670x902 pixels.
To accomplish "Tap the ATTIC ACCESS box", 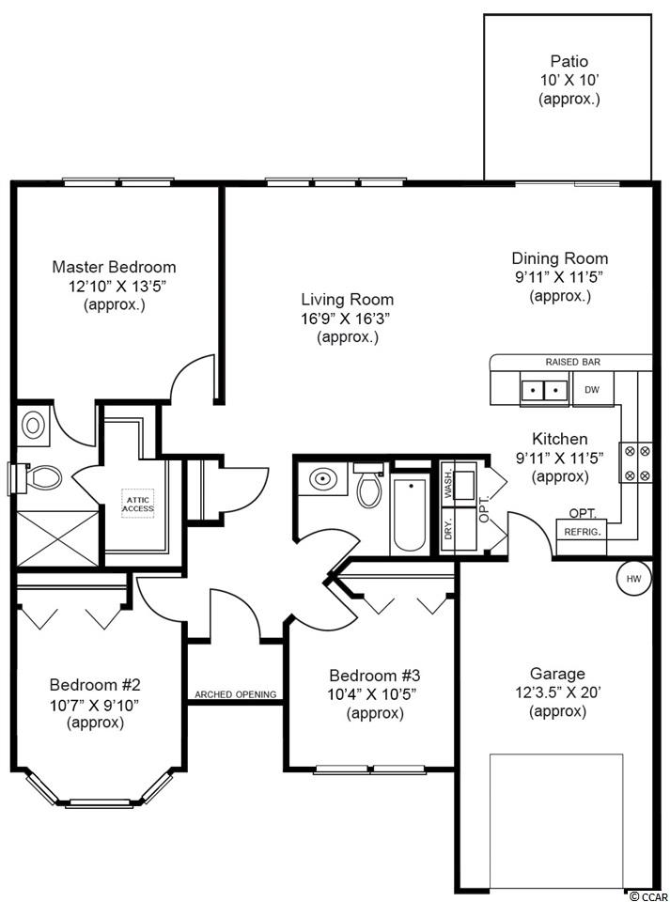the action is pos(138,504).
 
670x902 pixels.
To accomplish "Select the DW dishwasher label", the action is pos(592,389).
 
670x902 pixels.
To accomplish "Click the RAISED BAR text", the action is pos(573,362).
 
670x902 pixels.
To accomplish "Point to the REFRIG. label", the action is pos(583,532).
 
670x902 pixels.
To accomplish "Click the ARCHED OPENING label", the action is pos(236,694).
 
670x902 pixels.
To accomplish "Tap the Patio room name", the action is pos(569,61).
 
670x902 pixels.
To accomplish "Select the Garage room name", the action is pos(557,674).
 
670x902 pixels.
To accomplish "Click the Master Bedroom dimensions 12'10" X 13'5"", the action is pos(114,286).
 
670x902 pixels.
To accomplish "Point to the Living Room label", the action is pos(348,299).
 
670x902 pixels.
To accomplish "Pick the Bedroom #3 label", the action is pos(374,675).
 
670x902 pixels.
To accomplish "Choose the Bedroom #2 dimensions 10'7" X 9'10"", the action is pos(96,704).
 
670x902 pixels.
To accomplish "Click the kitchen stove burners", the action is pos(637,463).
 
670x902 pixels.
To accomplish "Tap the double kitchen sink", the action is pos(544,390).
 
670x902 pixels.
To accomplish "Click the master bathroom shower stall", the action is pos(57,539).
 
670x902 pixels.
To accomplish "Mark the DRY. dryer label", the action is pos(448,528).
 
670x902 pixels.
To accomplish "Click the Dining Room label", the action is pos(559,258).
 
